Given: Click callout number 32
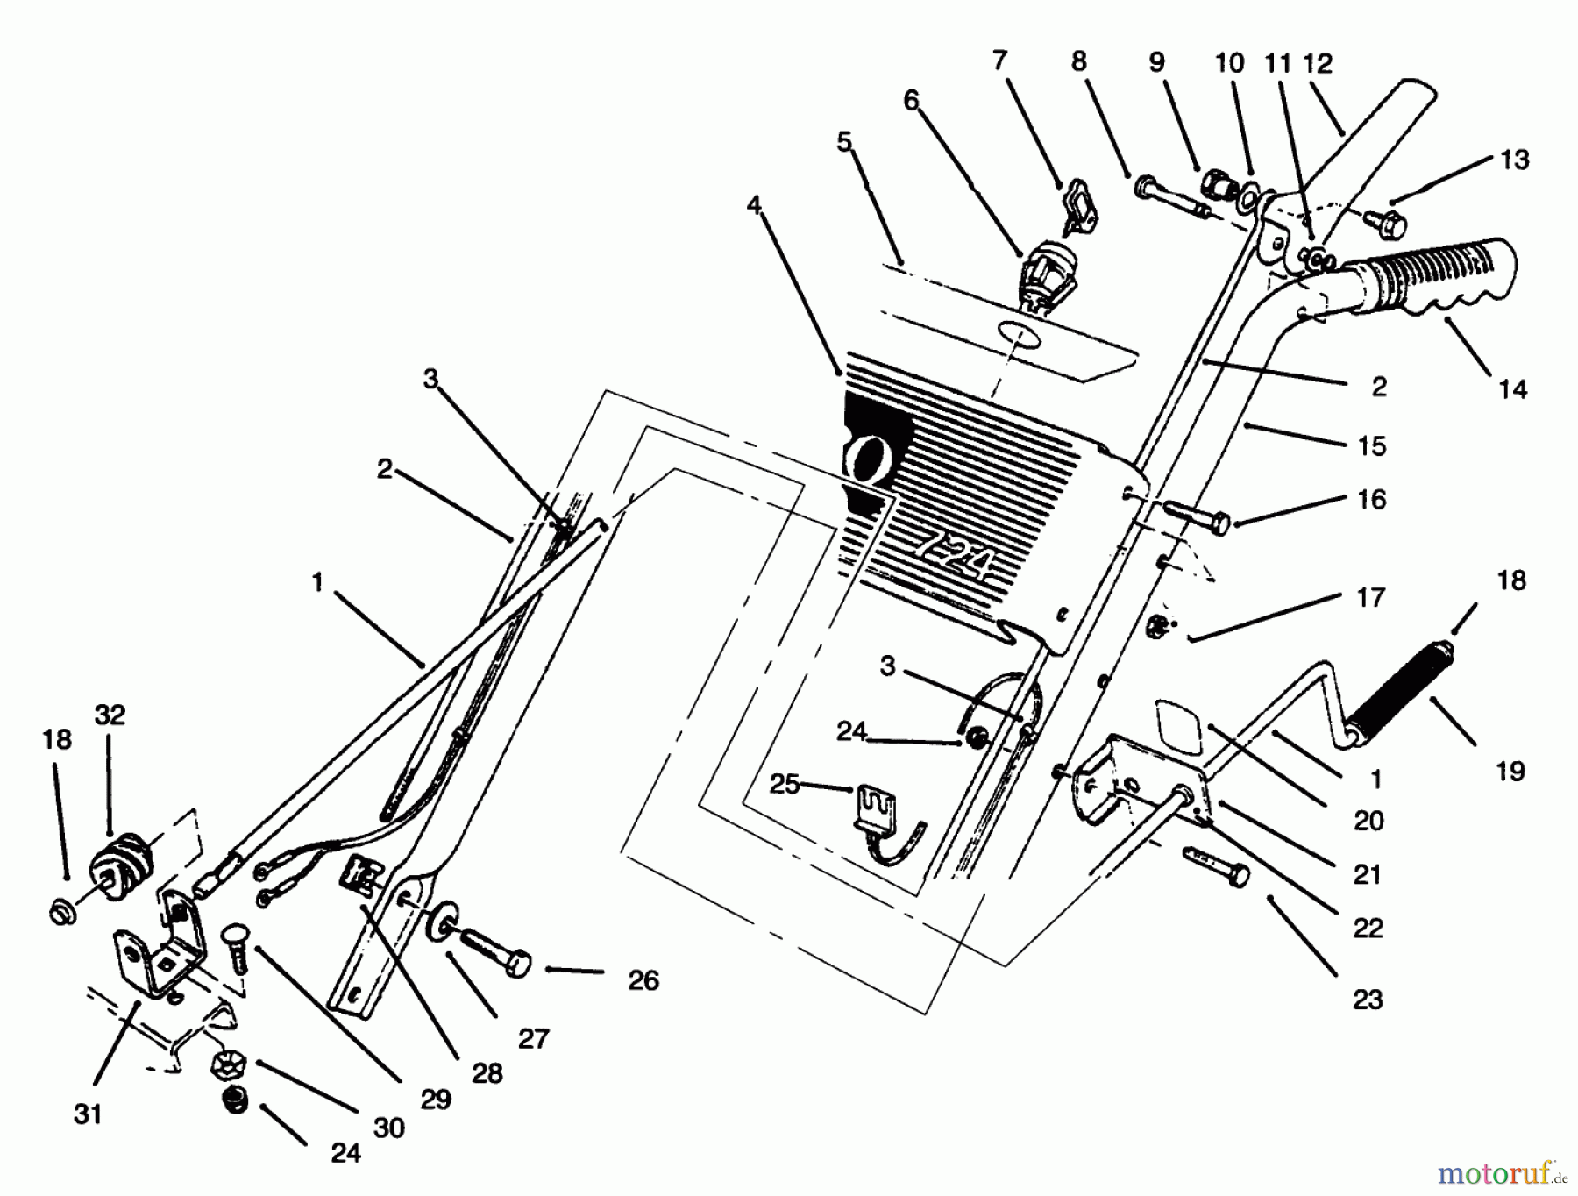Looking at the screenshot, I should tap(110, 715).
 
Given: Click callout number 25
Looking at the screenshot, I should tap(784, 783).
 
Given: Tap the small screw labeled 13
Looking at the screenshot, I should tap(1385, 223).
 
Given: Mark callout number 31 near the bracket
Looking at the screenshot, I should tap(88, 1114).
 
